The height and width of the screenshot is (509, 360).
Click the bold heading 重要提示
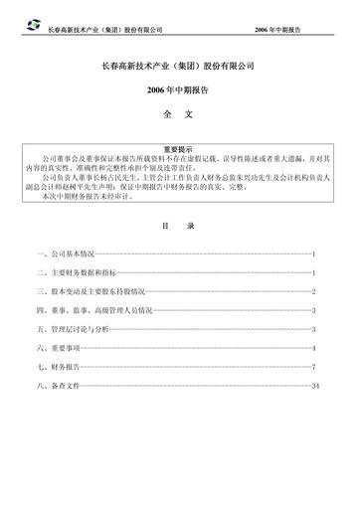(x=179, y=147)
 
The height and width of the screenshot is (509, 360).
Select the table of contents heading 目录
(x=179, y=225)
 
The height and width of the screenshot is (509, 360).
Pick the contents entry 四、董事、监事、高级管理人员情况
(x=94, y=310)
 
